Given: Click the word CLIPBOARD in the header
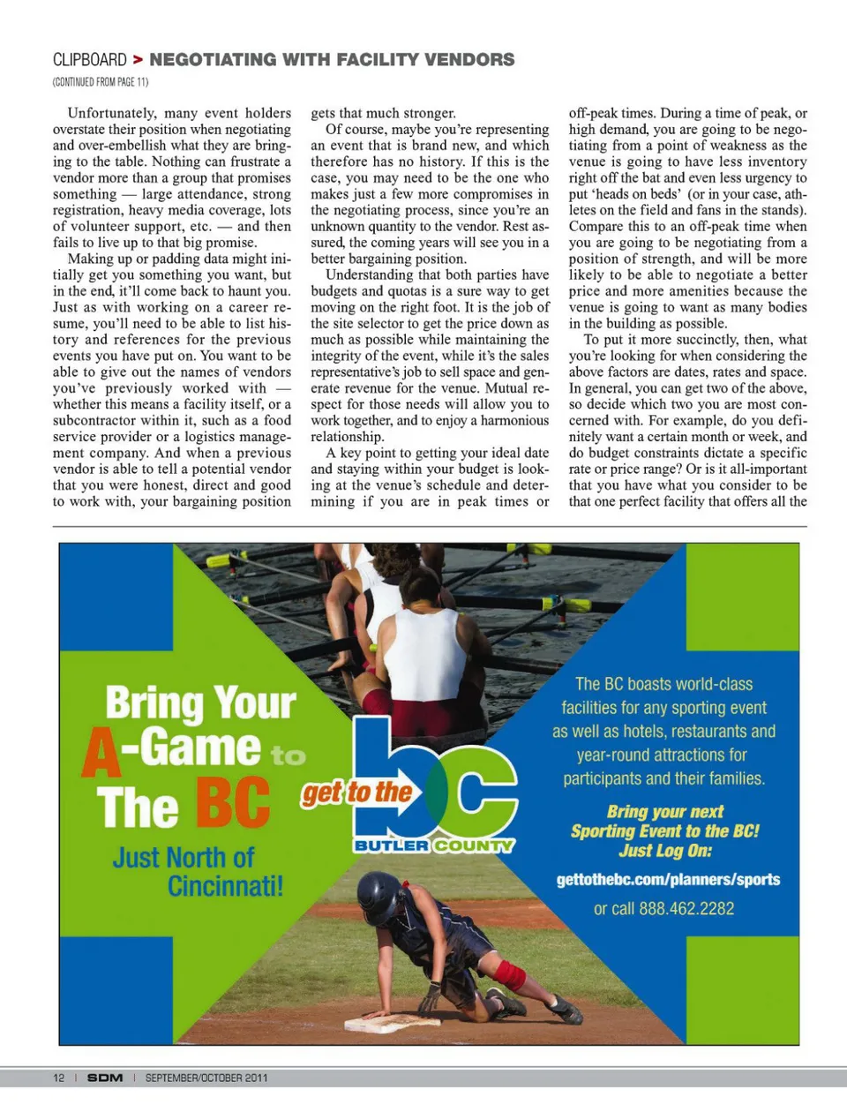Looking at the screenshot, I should tap(90, 60).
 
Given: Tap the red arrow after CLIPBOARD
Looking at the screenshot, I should tap(138, 60).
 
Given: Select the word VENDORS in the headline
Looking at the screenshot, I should tap(469, 60).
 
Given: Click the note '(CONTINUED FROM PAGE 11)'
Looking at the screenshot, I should tap(101, 82).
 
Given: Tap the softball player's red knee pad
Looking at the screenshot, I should tap(509, 975).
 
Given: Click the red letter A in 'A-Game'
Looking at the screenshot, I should tap(101, 751).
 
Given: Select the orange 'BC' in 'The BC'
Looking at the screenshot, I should tap(232, 803).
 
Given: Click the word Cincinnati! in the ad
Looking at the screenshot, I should tap(226, 885).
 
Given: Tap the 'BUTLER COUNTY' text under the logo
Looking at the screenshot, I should tap(433, 845).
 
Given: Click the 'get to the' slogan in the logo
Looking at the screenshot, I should tap(357, 793).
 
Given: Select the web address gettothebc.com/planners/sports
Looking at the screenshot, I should tap(668, 879).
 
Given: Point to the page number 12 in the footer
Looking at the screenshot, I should tap(59, 1078).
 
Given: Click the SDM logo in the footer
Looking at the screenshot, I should tap(105, 1078).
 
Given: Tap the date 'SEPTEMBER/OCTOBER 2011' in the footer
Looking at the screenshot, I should tap(206, 1078).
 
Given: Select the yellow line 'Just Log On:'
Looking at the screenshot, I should tap(664, 851).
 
